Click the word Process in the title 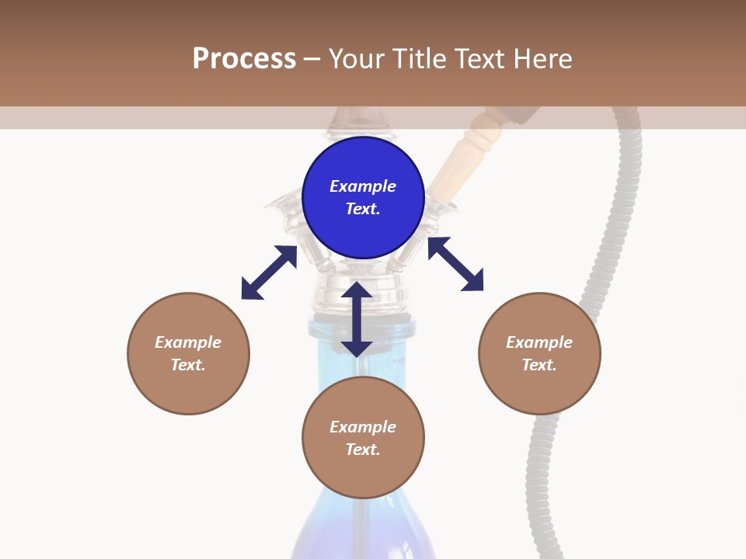point(244,59)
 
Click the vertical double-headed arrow point(357,319)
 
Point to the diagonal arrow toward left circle point(269,272)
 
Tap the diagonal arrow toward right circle point(455,264)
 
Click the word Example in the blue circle point(363,186)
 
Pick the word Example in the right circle point(539,342)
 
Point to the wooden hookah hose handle point(466,151)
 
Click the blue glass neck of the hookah point(326,349)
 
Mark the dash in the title point(312,59)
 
